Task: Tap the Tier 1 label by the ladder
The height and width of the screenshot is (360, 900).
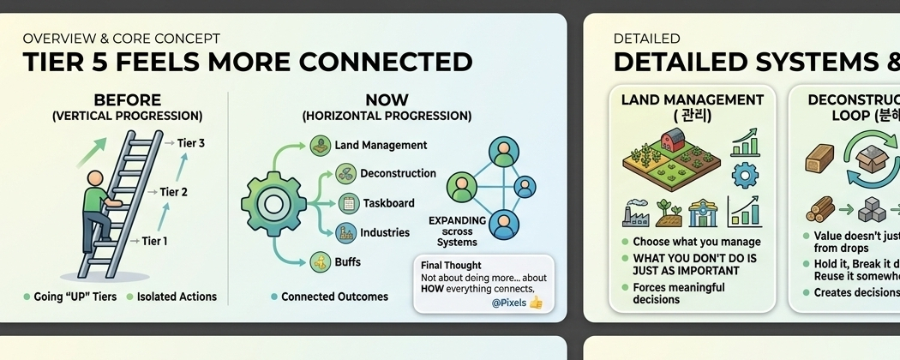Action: [154, 241]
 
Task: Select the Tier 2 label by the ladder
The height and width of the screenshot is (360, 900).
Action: [173, 192]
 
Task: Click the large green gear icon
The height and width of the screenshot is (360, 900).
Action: [273, 204]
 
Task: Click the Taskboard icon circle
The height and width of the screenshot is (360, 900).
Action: [348, 203]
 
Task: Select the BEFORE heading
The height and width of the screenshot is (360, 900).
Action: [127, 100]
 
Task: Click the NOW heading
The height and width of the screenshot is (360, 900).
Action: [387, 100]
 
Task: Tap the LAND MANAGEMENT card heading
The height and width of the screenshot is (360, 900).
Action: [692, 99]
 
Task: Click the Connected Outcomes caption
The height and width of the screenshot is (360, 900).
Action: [334, 297]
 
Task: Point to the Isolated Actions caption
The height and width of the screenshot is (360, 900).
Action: [177, 297]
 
